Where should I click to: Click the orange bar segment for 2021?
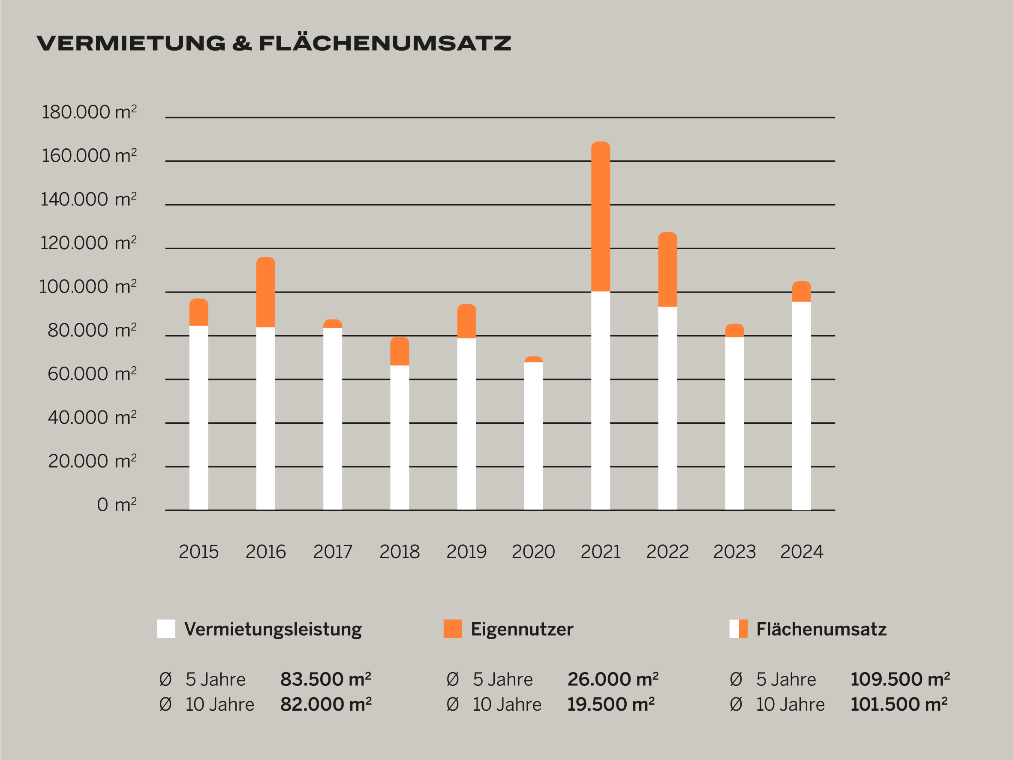pos(600,217)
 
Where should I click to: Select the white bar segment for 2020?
pos(534,436)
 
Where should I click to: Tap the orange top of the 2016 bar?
pos(266,292)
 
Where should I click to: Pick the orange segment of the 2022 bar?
pos(667,269)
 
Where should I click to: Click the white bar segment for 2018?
pos(400,437)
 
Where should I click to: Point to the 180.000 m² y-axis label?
pos(89,112)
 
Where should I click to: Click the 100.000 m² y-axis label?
pos(88,287)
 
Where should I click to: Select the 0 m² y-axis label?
pos(117,505)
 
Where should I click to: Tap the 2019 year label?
pos(466,552)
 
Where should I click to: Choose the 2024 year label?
pos(801,552)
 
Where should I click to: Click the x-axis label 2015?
pos(198,552)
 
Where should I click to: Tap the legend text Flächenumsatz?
pos(821,629)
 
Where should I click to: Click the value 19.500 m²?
pos(610,704)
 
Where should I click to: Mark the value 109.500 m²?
pos(900,679)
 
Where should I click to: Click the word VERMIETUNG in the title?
pos(131,43)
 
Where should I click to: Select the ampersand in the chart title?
pos(242,43)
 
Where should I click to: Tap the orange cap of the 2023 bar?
pos(734,330)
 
